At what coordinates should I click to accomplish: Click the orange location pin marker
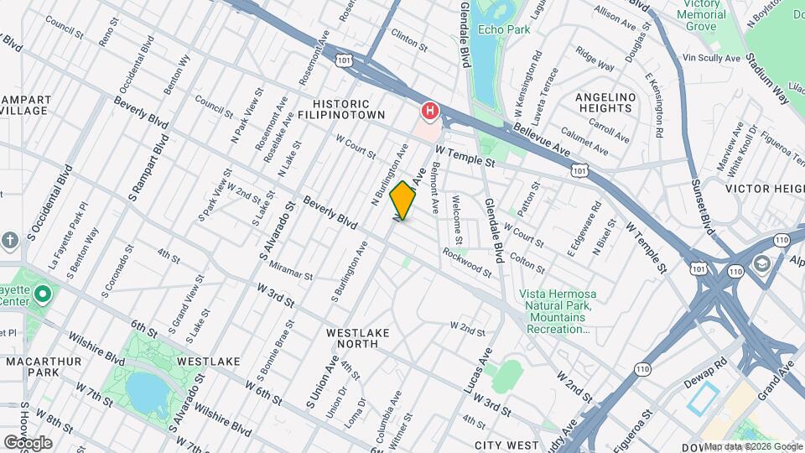(403, 200)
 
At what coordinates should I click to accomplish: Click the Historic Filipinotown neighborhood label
(343, 108)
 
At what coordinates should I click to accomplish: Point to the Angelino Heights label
(604, 102)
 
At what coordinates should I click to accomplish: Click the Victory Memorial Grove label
(701, 15)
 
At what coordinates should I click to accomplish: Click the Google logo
(28, 442)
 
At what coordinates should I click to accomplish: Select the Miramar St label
(291, 274)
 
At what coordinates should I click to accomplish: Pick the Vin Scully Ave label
(712, 58)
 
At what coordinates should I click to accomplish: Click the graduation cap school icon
(761, 263)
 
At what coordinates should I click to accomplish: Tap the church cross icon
(10, 240)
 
